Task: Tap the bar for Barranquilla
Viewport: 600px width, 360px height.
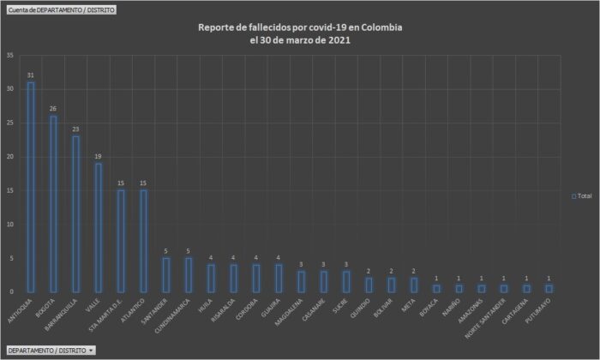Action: pos(75,214)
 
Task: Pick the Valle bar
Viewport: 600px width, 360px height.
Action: pos(98,227)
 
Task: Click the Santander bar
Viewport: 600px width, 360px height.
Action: pos(165,275)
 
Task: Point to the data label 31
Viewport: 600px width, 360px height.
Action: pos(31,75)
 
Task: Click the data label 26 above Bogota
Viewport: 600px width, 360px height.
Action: pos(53,109)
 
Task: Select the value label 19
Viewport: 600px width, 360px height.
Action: pos(98,156)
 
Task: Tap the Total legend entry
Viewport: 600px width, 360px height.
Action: pos(582,195)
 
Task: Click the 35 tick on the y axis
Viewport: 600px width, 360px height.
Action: pos(9,56)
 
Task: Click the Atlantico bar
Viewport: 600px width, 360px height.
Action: pos(143,241)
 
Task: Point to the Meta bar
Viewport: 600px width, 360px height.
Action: pos(413,285)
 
